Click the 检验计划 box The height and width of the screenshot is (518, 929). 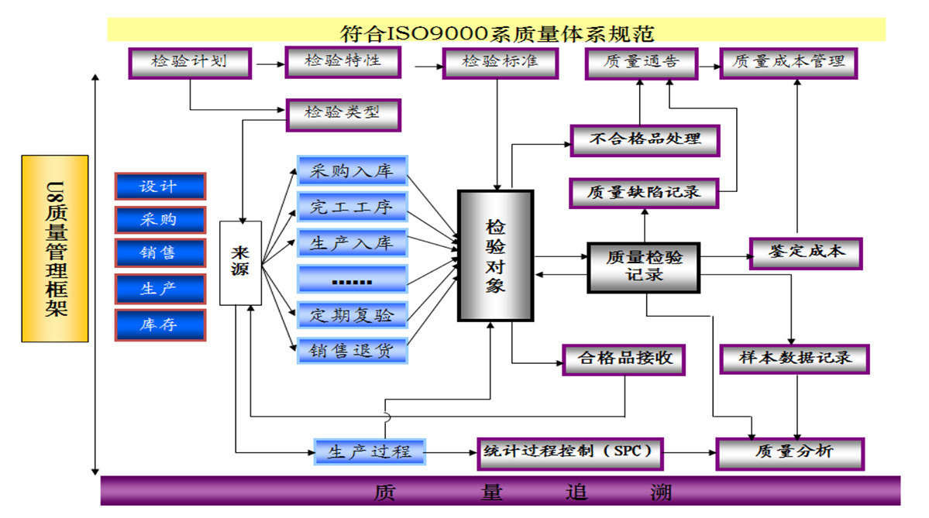[x=190, y=63]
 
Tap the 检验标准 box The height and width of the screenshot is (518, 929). [x=500, y=63]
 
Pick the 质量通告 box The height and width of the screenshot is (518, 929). [x=641, y=63]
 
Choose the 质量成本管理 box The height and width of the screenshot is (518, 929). [x=788, y=63]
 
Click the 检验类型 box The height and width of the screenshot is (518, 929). [x=342, y=114]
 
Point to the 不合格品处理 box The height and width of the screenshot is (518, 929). [x=645, y=140]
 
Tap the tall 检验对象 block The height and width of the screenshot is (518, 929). [x=496, y=256]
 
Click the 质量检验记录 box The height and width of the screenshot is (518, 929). [x=643, y=266]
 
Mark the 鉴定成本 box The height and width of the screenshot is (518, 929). [x=806, y=252]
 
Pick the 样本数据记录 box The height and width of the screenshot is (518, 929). [x=795, y=358]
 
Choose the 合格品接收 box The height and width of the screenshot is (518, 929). [x=624, y=358]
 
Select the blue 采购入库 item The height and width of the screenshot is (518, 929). [x=352, y=171]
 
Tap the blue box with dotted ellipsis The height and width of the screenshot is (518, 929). [x=352, y=280]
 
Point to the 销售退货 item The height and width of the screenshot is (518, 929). [x=352, y=350]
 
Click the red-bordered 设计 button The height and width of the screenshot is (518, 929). [x=160, y=187]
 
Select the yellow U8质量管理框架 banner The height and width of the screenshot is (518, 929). [x=55, y=248]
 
